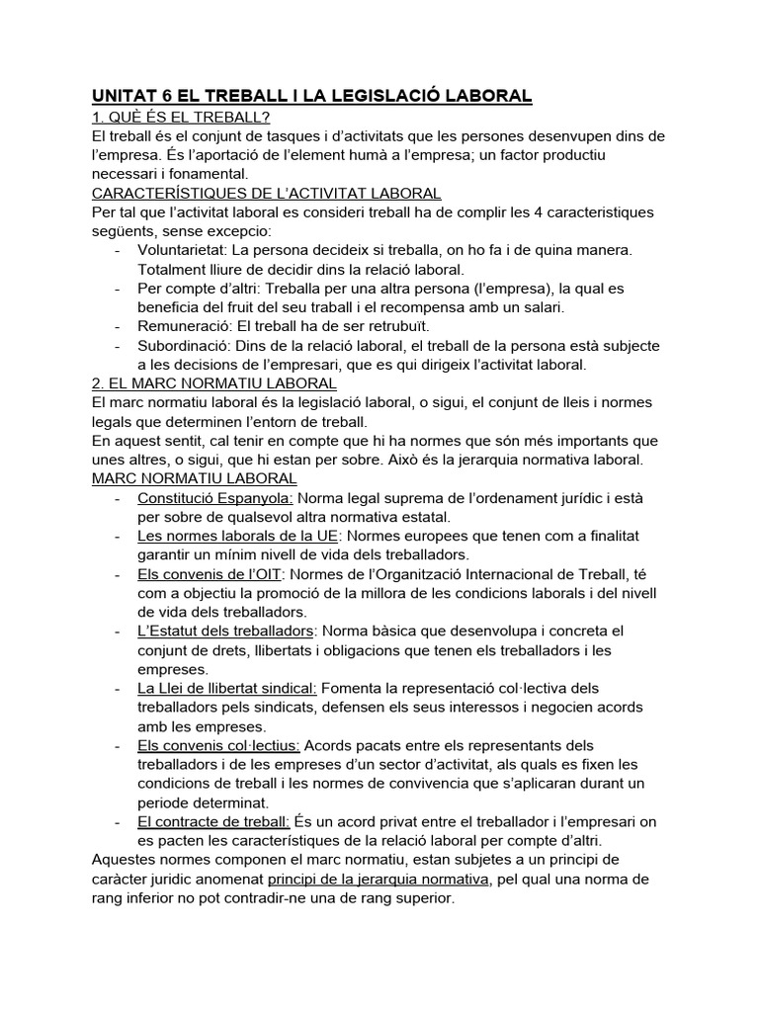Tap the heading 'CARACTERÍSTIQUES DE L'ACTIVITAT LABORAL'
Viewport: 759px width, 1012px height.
tap(267, 194)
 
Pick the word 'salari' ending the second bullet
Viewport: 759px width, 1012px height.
tap(540, 307)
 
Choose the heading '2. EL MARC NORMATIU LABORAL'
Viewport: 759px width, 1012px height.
tap(214, 383)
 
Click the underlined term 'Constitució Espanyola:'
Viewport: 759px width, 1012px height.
tap(214, 497)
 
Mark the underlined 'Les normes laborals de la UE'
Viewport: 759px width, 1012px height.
tap(238, 536)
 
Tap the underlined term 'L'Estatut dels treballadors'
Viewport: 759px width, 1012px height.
tap(227, 631)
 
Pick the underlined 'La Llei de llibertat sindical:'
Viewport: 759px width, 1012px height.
tap(228, 688)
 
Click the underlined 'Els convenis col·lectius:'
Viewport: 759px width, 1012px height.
tap(219, 745)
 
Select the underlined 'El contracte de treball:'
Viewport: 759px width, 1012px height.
tap(214, 821)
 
